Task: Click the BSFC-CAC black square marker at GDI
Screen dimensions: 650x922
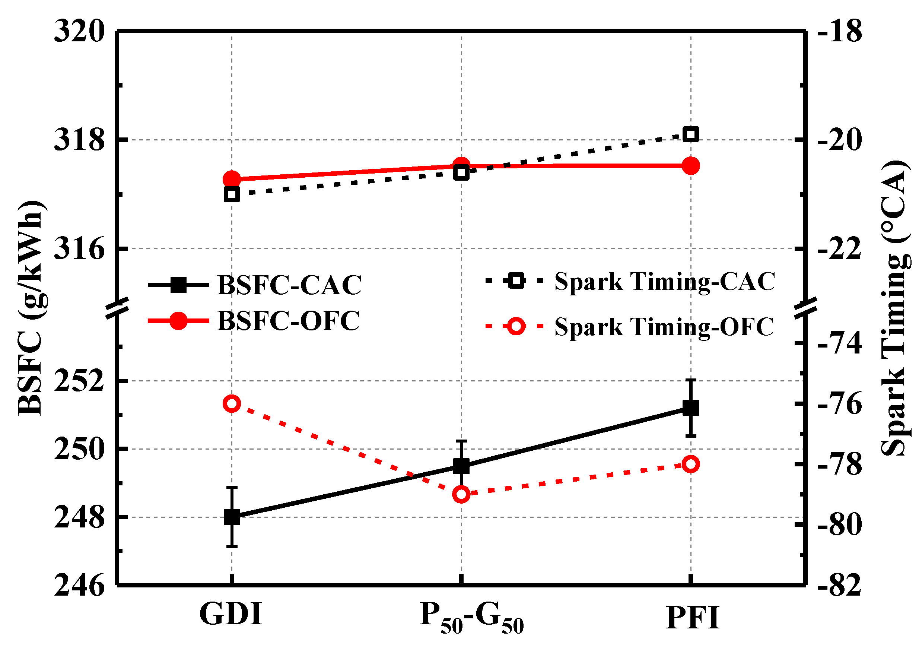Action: [232, 517]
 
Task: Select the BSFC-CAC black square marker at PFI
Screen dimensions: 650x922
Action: [691, 408]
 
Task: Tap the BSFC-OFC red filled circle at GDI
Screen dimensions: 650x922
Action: [232, 179]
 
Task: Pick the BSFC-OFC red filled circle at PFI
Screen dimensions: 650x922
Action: [691, 165]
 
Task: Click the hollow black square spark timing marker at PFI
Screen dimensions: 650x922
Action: [691, 134]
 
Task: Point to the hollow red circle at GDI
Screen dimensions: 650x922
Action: [232, 403]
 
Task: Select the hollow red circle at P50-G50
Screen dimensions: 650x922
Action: [461, 495]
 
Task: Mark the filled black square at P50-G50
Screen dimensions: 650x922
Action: [461, 466]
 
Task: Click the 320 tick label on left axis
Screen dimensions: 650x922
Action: [79, 31]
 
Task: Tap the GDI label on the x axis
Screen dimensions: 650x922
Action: [231, 614]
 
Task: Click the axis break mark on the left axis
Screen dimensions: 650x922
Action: [117, 308]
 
